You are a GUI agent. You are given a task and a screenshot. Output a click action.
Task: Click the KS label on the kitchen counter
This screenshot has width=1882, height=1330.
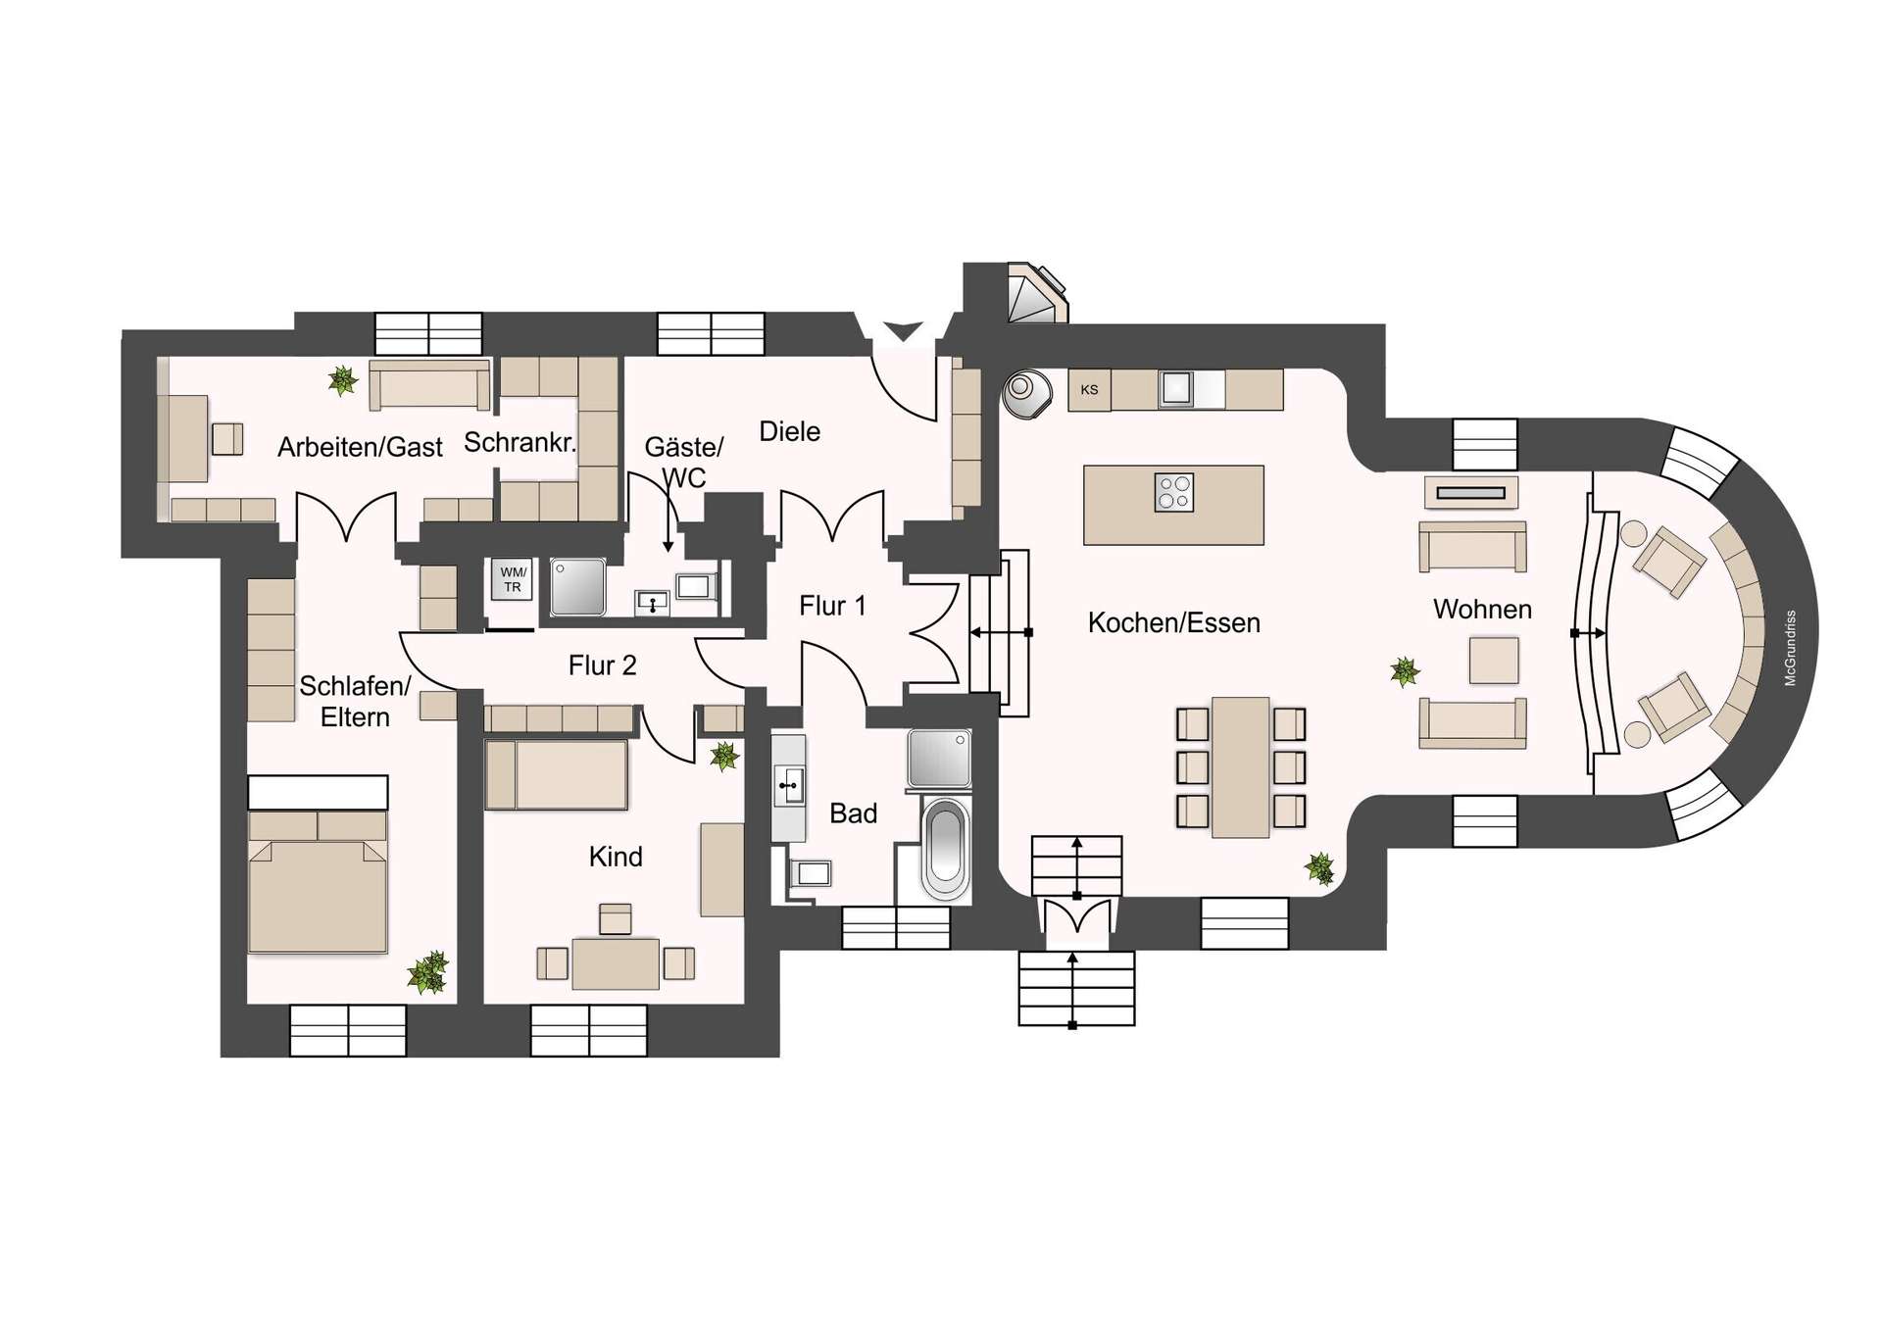(x=1089, y=390)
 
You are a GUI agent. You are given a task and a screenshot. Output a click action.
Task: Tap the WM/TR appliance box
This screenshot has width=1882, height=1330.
(x=512, y=579)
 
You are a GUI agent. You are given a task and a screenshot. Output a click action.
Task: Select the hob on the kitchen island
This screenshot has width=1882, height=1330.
(x=1173, y=492)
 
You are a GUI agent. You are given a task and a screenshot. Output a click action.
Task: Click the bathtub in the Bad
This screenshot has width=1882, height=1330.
(x=946, y=849)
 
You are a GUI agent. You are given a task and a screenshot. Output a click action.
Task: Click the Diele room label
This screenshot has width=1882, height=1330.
(x=789, y=431)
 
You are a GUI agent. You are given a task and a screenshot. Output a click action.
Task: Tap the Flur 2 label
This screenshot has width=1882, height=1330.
(x=602, y=666)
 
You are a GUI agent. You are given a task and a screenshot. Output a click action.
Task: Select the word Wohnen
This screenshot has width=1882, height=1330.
(x=1481, y=610)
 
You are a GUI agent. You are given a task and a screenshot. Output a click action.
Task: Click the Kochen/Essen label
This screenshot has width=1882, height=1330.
(x=1173, y=623)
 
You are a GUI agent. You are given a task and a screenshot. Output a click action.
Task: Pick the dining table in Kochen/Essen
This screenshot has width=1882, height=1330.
(x=1240, y=766)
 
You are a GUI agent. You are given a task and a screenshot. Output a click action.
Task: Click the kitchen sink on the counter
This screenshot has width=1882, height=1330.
(x=1176, y=389)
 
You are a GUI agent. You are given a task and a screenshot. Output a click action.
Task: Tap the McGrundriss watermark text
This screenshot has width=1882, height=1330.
(x=1790, y=648)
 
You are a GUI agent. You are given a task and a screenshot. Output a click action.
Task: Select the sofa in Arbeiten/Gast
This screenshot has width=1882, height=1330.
(x=429, y=385)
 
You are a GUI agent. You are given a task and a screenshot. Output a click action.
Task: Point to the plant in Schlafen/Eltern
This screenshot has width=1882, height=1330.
(x=428, y=972)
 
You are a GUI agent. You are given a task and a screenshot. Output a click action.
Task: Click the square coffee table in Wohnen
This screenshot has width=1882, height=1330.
(x=1493, y=660)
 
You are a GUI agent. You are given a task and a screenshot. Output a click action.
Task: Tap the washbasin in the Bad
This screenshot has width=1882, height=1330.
(x=789, y=785)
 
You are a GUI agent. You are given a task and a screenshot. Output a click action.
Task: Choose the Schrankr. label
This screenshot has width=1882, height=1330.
(x=520, y=443)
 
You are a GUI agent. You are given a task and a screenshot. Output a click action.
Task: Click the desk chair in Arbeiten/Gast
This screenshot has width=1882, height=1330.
(x=227, y=438)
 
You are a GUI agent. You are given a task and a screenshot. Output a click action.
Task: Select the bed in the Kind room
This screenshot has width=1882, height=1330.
(x=557, y=774)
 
